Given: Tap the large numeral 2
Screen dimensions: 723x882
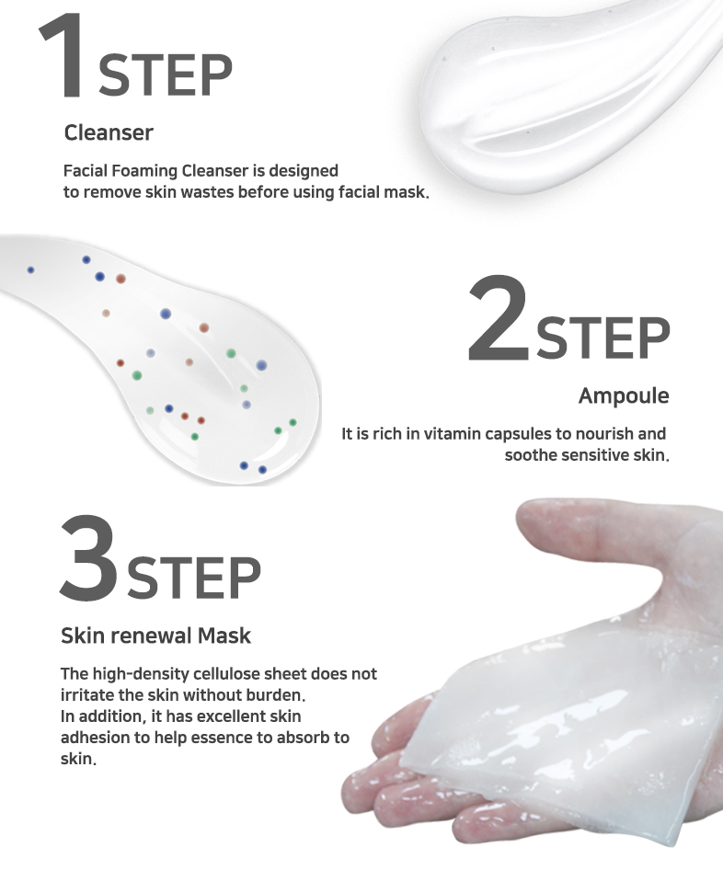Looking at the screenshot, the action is (x=498, y=318).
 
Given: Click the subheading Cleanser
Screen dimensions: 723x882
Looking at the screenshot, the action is (x=109, y=132).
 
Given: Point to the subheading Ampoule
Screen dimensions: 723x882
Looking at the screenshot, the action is (x=624, y=396).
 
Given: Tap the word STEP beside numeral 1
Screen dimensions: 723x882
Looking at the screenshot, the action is (x=166, y=75).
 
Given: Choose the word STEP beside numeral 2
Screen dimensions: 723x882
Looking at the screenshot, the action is (x=603, y=338).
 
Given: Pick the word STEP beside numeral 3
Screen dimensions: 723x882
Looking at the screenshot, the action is (x=194, y=578).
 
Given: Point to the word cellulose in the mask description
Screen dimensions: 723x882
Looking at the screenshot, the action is (x=227, y=674).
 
